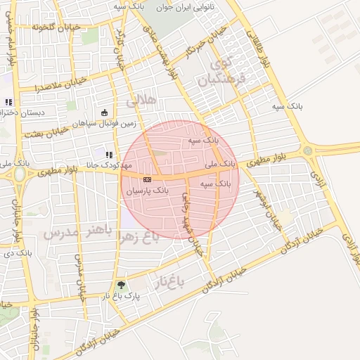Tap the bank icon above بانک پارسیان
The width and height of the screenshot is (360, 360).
click(x=146, y=179)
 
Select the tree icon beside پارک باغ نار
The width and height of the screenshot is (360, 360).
click(x=122, y=285)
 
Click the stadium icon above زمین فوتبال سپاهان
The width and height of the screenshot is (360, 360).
click(x=105, y=112)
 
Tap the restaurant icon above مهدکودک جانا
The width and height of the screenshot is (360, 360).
click(x=108, y=155)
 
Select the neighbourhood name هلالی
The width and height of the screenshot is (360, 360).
click(x=140, y=103)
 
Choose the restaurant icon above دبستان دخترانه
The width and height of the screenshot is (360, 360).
click(x=8, y=102)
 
